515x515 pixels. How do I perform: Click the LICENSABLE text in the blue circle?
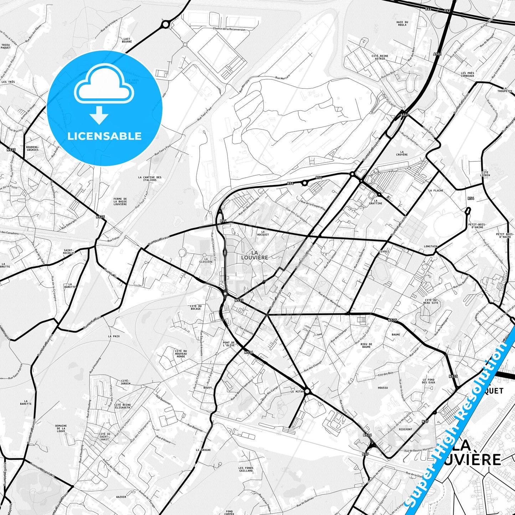point(104,136)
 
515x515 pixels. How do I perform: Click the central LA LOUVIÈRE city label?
point(254,255)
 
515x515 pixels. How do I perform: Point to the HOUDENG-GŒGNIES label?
point(32,148)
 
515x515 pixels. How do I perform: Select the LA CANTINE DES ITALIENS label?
point(150,179)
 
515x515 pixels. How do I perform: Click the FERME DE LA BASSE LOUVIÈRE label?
point(120,202)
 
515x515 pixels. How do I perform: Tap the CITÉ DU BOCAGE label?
point(196,307)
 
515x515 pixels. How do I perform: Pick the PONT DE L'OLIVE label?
point(229,344)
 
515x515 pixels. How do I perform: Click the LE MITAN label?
point(297,391)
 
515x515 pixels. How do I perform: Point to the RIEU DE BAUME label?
point(366,345)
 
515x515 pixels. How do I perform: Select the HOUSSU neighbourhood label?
point(383,388)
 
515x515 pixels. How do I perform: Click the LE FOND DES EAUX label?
point(429,381)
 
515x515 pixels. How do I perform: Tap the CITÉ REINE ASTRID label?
point(380,57)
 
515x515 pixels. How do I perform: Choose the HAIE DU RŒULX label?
point(402,24)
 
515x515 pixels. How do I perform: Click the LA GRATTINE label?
point(376,202)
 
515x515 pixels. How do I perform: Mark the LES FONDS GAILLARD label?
point(246,469)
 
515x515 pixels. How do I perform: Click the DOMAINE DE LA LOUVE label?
point(61,428)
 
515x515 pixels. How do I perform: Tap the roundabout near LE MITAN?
point(308,391)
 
